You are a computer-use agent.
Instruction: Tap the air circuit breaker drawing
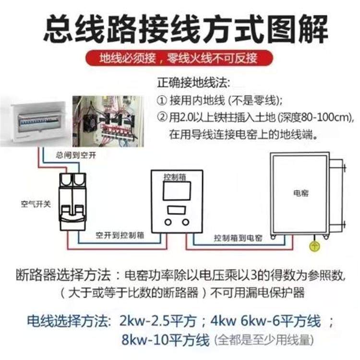72,202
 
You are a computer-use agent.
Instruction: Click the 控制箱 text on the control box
174,177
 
